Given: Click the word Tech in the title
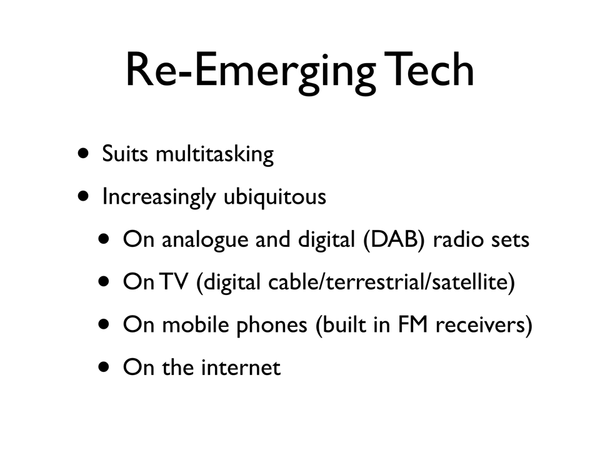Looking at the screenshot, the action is click(x=429, y=69).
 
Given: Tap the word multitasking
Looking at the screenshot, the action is click(x=214, y=154).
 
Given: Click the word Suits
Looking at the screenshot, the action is click(x=125, y=154).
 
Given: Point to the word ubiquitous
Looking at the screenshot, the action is click(x=275, y=197).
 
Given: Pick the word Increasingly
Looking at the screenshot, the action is click(x=159, y=197).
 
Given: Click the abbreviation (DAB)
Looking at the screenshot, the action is click(x=394, y=240).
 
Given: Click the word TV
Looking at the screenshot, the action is click(x=174, y=282).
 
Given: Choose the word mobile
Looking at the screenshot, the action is click(x=196, y=324).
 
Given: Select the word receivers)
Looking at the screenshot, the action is click(x=484, y=326).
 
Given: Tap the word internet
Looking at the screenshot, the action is click(x=241, y=367).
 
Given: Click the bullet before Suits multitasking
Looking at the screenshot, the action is click(x=83, y=154).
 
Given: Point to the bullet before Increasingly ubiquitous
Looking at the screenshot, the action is click(x=83, y=197).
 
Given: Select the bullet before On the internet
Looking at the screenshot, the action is click(x=104, y=367).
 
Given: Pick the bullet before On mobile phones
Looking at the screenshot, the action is click(x=104, y=325).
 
